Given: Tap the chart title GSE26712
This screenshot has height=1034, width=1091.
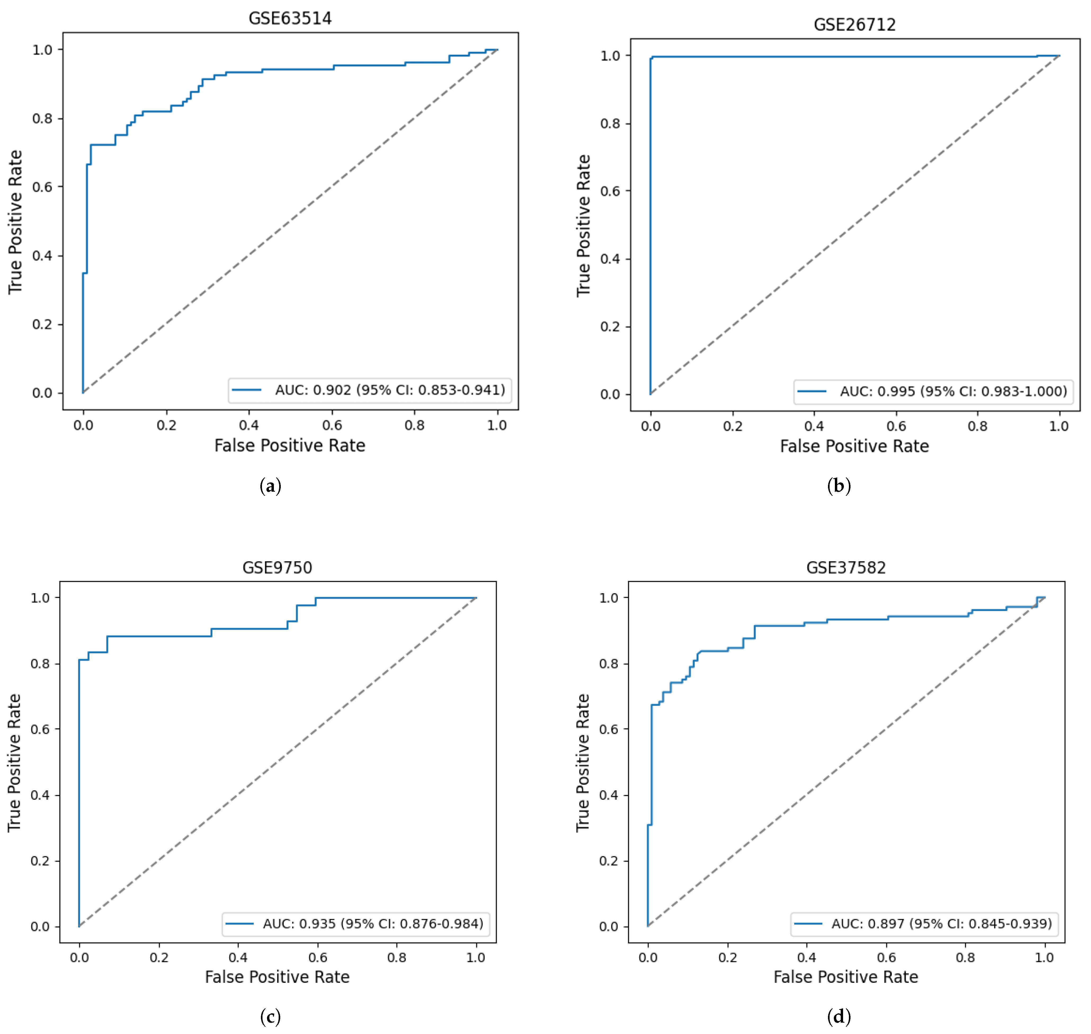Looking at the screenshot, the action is pyautogui.click(x=855, y=25).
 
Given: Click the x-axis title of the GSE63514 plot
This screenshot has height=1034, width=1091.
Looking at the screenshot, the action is pyautogui.click(x=290, y=445).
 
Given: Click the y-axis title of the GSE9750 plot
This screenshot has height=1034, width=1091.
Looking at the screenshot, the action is pyautogui.click(x=14, y=763).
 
